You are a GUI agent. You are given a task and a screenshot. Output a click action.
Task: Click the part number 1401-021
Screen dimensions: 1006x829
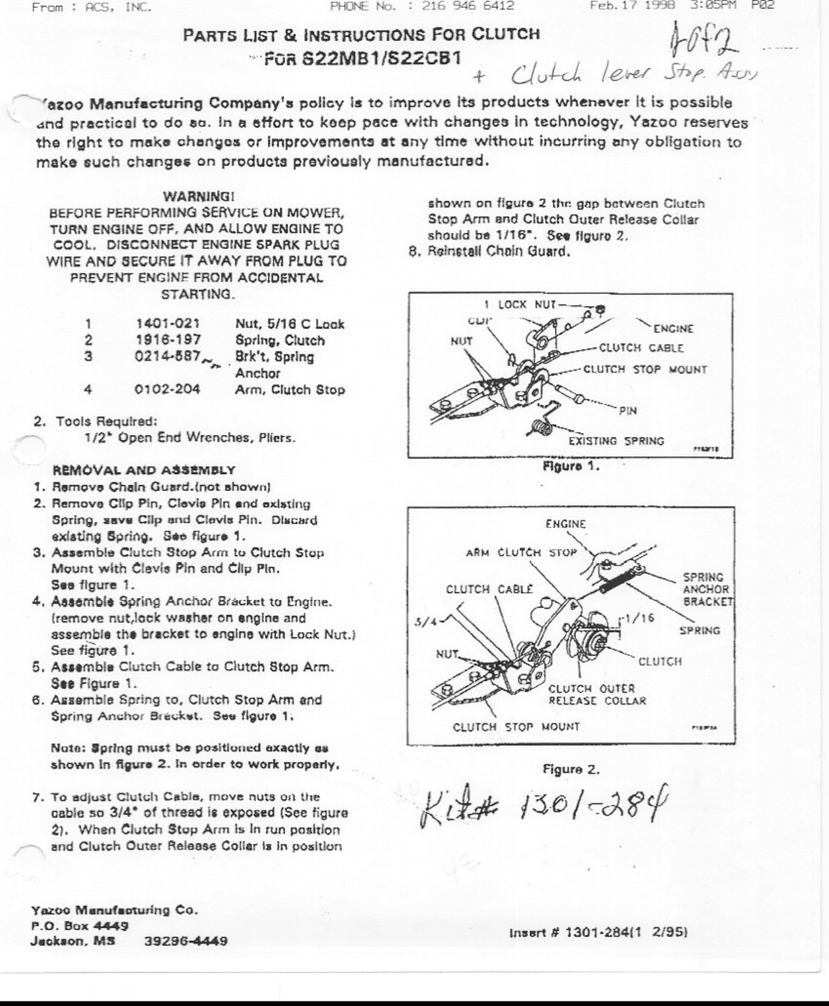168,324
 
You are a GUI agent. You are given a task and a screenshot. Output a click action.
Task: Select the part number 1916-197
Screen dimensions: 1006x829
168,340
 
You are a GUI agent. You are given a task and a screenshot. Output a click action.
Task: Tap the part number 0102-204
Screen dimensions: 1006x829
168,390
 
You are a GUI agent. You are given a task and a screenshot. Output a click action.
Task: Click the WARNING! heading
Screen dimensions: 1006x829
198,196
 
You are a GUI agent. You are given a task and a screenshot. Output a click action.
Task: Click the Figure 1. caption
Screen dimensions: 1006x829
571,466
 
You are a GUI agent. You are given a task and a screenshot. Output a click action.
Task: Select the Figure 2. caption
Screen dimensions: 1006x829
571,770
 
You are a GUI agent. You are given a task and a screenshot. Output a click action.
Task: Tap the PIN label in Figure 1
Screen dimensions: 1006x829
627,410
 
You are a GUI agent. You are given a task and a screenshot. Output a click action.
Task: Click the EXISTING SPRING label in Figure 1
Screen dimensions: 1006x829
616,441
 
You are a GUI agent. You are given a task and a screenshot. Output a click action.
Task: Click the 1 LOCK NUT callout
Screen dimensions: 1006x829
520,304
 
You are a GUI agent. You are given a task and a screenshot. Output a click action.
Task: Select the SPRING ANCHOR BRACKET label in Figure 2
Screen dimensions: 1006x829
707,589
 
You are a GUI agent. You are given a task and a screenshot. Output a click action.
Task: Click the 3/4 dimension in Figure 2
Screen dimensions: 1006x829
424,622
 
